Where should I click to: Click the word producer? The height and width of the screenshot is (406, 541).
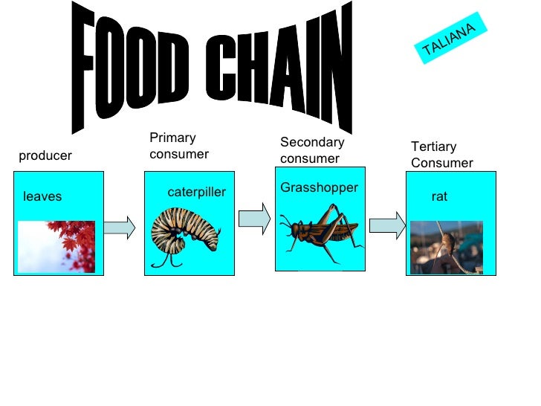tap(45, 156)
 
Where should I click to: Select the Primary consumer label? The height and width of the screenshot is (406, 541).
tap(179, 146)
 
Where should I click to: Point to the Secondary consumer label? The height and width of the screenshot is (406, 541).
tap(312, 150)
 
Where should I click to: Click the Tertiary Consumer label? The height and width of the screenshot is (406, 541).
tap(441, 155)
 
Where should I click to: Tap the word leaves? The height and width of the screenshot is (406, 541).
tap(42, 196)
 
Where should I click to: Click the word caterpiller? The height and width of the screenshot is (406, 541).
tap(196, 193)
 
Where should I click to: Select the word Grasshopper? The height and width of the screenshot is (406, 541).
tap(320, 188)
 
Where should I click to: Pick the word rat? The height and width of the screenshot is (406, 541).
tap(440, 197)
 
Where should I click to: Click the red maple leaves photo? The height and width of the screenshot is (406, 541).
tap(56, 246)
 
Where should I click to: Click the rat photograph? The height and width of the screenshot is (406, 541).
tap(446, 247)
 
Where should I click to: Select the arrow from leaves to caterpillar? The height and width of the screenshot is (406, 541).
tap(119, 225)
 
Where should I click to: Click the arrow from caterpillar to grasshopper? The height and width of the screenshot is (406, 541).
tap(254, 218)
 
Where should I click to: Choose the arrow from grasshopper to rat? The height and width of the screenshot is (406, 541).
tap(386, 225)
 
